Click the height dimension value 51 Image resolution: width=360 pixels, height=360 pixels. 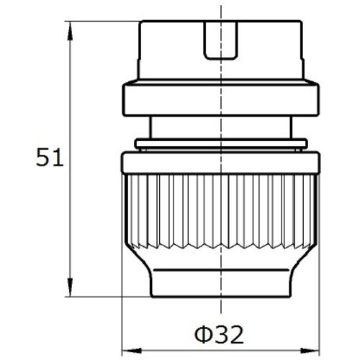pyautogui.click(x=50, y=157)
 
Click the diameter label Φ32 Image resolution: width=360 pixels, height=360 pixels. pyautogui.click(x=219, y=334)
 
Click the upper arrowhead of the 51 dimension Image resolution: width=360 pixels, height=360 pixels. pyautogui.click(x=70, y=31)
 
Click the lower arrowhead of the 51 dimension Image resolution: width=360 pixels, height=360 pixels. pyautogui.click(x=70, y=287)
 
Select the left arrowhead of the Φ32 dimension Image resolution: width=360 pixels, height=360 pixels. pyautogui.click(x=131, y=351)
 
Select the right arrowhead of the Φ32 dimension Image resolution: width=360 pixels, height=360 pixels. pyautogui.click(x=310, y=351)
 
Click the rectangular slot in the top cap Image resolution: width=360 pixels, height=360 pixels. pyautogui.click(x=221, y=40)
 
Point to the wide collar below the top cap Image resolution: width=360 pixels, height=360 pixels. pyautogui.click(x=221, y=99)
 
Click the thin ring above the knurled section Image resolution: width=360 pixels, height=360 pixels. pyautogui.click(x=221, y=144)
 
